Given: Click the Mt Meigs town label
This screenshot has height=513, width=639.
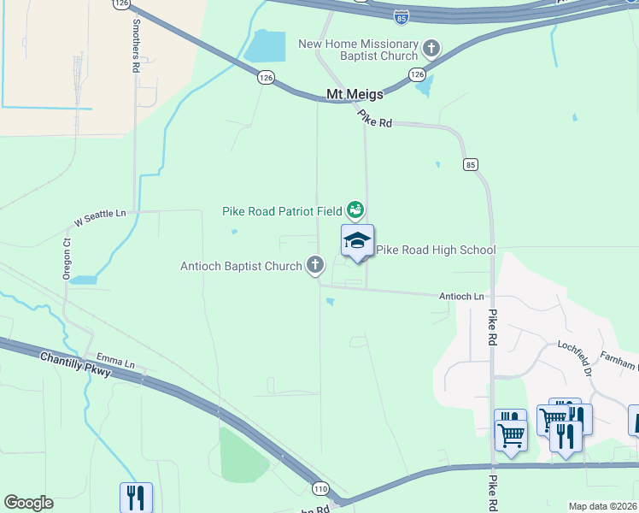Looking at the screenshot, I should [x=355, y=95].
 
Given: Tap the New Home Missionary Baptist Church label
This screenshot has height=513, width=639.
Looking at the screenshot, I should [x=358, y=50].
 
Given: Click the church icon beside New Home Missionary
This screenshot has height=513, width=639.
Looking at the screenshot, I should [x=431, y=48].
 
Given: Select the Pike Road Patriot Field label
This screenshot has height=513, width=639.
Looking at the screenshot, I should [x=282, y=210].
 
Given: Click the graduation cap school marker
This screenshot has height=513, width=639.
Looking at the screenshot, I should [x=357, y=242].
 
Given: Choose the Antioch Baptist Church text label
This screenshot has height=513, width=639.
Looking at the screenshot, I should [x=241, y=266].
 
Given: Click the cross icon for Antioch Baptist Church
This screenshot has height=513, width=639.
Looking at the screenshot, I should [x=315, y=265].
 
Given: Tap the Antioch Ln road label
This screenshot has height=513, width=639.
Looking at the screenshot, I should [x=461, y=296].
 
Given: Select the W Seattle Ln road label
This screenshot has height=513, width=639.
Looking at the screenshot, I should [x=100, y=218].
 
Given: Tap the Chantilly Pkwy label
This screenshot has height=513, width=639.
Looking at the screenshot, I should [x=75, y=368].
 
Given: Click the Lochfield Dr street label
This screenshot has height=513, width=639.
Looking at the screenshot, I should [x=575, y=357].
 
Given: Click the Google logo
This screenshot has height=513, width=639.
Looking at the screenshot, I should [x=28, y=503].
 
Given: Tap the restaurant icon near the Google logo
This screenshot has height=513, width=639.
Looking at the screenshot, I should [x=136, y=497].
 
